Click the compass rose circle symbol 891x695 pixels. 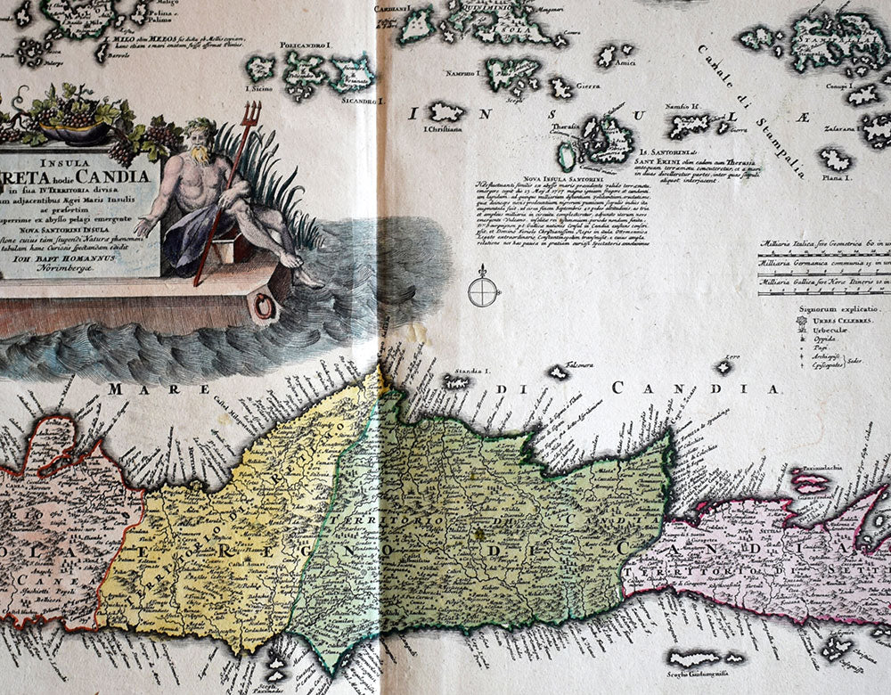[x=484, y=290]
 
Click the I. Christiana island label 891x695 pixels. [x=443, y=129]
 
